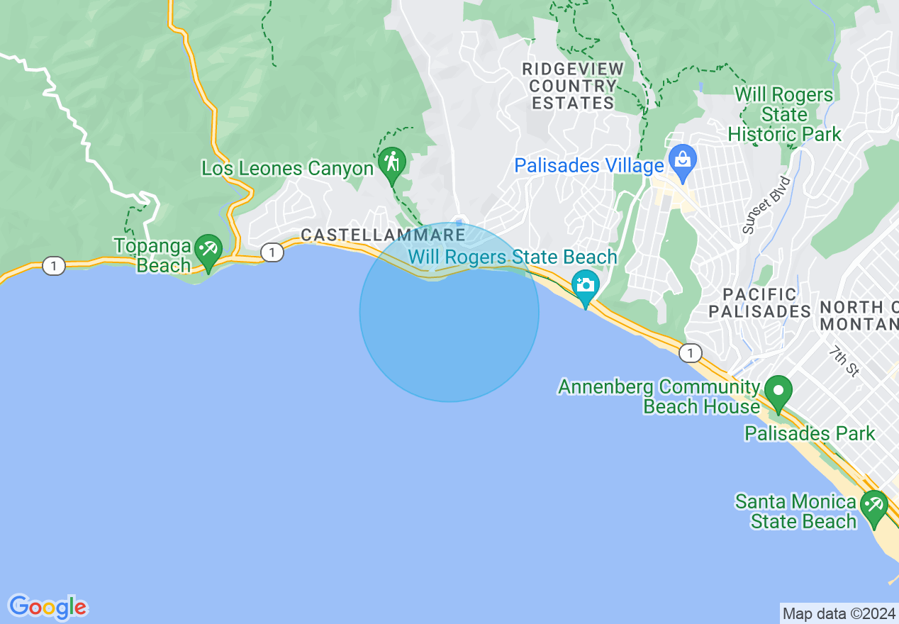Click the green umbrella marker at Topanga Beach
(208, 250)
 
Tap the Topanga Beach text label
(153, 256)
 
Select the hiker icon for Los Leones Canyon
(391, 163)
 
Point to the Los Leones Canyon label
(287, 169)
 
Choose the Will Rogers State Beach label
(513, 257)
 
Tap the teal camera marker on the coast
(585, 285)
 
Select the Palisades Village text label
(589, 166)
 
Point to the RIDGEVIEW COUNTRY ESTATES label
(573, 86)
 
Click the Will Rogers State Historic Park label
(784, 114)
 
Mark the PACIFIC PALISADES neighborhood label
(760, 303)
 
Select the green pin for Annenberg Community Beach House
(778, 392)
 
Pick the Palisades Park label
(810, 433)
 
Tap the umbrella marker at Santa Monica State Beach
(873, 506)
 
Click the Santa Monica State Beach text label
(795, 511)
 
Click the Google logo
(48, 607)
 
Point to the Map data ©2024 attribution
(838, 613)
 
